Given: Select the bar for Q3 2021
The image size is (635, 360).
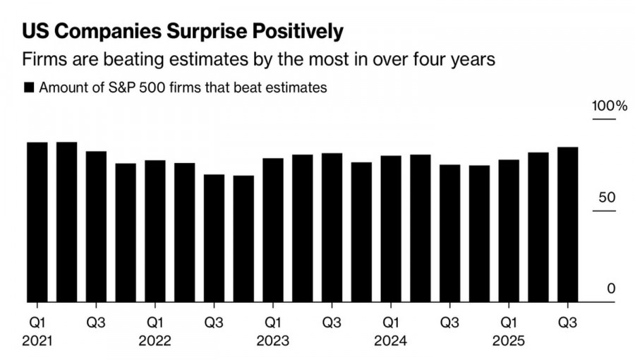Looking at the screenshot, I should click(96, 227).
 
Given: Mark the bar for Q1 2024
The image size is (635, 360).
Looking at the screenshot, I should click(390, 229).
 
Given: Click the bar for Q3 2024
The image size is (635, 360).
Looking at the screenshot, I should click(449, 234).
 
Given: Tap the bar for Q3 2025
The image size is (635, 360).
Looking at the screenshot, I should click(567, 225).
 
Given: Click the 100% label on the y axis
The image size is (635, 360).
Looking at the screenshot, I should click(609, 107).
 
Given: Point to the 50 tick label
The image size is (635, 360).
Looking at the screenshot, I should click(607, 198).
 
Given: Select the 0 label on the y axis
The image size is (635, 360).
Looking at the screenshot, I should click(611, 289).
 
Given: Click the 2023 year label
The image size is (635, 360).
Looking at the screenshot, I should click(272, 340).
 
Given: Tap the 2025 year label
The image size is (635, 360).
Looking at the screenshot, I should click(508, 340).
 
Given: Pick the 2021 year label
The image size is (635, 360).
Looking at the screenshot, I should click(37, 340).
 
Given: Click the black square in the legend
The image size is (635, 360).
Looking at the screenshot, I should click(29, 88).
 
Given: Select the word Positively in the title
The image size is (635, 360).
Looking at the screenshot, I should click(290, 32).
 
